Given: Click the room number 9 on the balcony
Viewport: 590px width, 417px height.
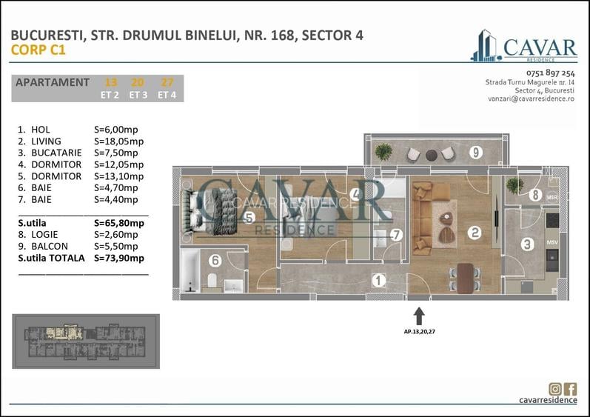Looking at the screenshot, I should click(x=477, y=153).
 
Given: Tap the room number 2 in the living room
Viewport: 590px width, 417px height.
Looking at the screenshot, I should click(x=475, y=233).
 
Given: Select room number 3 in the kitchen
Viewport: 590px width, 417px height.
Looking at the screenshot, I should click(x=526, y=244).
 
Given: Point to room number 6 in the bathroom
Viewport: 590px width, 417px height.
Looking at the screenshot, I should click(x=215, y=260).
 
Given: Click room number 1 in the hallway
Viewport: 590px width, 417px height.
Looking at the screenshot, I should click(x=378, y=280).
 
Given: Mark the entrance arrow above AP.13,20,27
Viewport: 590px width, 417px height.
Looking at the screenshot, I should click(x=418, y=316).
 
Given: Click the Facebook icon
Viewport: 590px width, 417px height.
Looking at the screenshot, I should click(x=570, y=388).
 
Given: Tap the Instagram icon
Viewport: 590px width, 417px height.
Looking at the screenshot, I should click(x=554, y=388).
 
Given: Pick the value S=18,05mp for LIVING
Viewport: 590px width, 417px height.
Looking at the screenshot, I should click(x=119, y=141).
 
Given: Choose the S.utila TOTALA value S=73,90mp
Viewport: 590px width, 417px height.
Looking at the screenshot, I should click(x=119, y=258).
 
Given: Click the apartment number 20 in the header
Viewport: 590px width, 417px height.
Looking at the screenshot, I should click(x=137, y=82).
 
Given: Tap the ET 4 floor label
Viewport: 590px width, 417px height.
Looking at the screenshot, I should click(x=167, y=94).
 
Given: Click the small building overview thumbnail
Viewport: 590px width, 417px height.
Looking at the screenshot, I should click(x=86, y=341).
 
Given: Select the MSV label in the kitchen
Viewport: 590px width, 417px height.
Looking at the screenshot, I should click(x=552, y=241).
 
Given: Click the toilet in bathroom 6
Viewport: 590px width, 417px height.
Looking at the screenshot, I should click(x=212, y=280).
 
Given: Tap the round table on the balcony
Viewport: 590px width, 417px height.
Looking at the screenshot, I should click(x=432, y=154).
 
